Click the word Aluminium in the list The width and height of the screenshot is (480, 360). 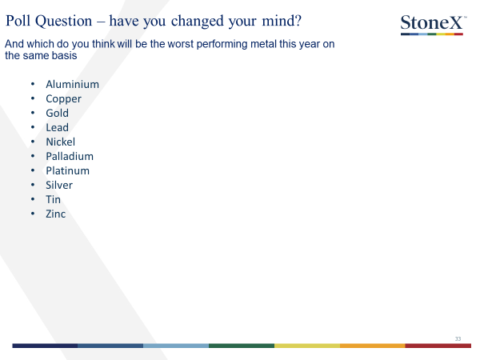pyautogui.click(x=72, y=84)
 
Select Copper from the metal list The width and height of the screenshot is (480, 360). pyautogui.click(x=63, y=99)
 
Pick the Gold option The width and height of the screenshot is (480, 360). pyautogui.click(x=58, y=113)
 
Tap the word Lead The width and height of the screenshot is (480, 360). pyautogui.click(x=58, y=127)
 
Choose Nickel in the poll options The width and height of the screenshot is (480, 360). pyautogui.click(x=60, y=142)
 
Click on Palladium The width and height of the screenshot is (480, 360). pyautogui.click(x=70, y=156)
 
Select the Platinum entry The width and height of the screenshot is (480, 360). pyautogui.click(x=68, y=170)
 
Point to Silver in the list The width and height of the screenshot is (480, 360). pyautogui.click(x=59, y=185)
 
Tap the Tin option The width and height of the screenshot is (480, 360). pyautogui.click(x=54, y=199)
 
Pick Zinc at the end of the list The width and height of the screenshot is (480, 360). pyautogui.click(x=56, y=214)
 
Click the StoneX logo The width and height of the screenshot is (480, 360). pyautogui.click(x=434, y=25)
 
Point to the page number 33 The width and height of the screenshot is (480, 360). pyautogui.click(x=458, y=339)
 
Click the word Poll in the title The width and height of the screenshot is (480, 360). pyautogui.click(x=18, y=21)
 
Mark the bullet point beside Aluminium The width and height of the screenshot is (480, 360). pyautogui.click(x=33, y=85)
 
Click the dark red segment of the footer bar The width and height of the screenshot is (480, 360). pyautogui.click(x=438, y=346)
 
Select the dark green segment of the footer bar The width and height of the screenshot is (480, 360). pyautogui.click(x=242, y=346)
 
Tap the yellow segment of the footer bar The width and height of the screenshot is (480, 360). pyautogui.click(x=307, y=346)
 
